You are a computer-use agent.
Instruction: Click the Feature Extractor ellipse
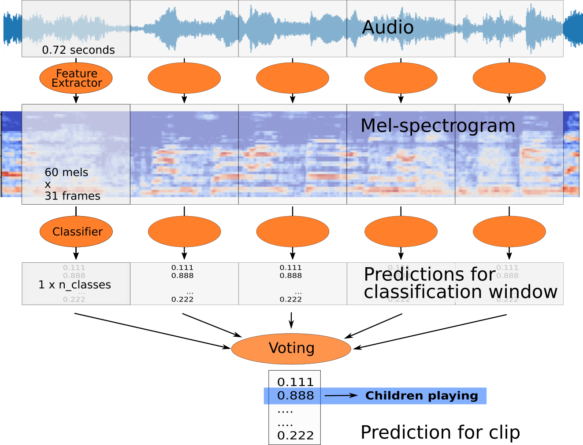(76, 78)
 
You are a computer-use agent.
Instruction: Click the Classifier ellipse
(76, 232)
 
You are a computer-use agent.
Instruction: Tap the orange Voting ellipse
(291, 349)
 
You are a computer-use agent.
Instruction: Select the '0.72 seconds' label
(78, 50)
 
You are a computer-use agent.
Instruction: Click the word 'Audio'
(388, 27)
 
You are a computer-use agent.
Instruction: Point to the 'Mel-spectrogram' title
(438, 126)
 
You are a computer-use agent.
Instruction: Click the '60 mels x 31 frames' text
(72, 184)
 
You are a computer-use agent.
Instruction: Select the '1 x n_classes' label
(74, 285)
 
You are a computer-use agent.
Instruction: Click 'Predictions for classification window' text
(460, 283)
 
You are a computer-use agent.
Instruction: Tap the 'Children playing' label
(421, 396)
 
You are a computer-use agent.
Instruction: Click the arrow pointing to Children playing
(341, 396)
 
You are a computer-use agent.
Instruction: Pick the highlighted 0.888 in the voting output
(295, 396)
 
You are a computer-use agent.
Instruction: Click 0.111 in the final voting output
(295, 382)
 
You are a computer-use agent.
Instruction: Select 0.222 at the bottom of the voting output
(295, 435)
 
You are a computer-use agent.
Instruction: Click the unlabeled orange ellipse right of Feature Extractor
(184, 78)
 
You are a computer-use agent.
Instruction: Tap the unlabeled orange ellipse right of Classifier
(184, 232)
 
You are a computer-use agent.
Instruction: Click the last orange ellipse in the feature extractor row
(509, 78)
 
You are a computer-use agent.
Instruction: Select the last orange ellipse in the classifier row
(509, 232)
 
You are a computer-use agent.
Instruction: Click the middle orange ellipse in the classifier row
(293, 232)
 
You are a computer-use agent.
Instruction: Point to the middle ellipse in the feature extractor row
(293, 78)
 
